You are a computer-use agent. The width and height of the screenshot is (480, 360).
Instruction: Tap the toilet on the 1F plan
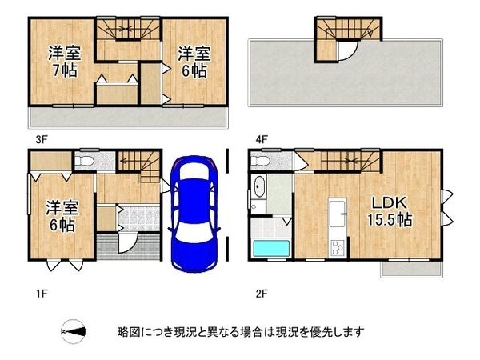click(x=87, y=161)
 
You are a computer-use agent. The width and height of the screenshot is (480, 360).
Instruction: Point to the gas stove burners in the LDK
click(x=338, y=247)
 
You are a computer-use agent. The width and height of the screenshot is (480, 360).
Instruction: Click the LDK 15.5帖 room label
click(x=390, y=209)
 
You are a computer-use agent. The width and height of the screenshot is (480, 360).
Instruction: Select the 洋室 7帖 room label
click(x=61, y=62)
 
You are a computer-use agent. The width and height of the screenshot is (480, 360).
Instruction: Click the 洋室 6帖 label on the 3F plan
click(x=194, y=62)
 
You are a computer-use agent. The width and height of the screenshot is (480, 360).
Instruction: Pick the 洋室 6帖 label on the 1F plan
click(x=61, y=215)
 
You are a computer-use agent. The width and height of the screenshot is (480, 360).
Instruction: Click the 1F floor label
click(x=41, y=293)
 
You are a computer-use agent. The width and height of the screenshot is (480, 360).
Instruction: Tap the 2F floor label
click(x=261, y=293)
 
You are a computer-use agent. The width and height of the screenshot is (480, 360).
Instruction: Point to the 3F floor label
click(x=41, y=138)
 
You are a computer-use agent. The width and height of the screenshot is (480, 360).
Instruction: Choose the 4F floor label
click(x=261, y=138)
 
